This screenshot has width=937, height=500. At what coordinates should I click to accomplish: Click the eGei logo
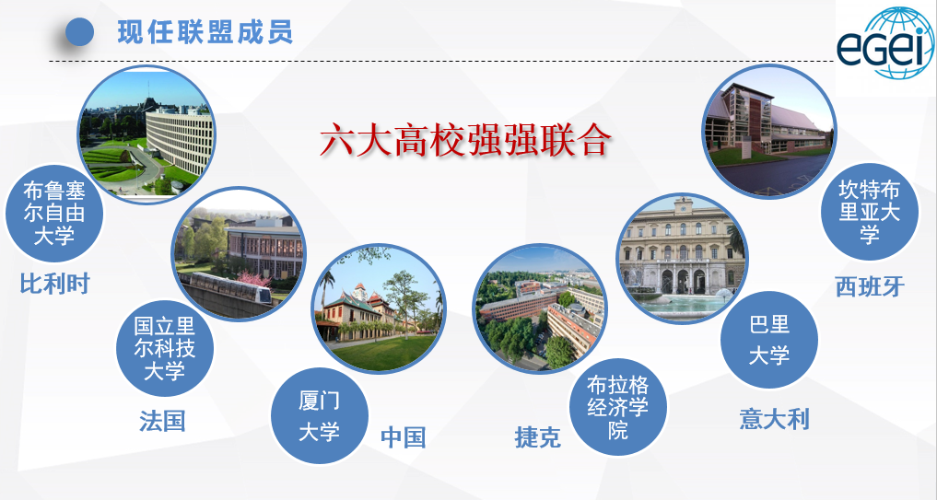click(x=885, y=44)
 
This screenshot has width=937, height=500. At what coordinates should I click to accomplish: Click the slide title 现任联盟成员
click(x=205, y=32)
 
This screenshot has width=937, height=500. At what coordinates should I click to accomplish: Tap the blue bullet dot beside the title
click(x=79, y=31)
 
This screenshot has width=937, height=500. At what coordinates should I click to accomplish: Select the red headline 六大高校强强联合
click(x=465, y=140)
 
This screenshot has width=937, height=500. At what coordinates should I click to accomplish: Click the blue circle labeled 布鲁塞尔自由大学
click(x=54, y=214)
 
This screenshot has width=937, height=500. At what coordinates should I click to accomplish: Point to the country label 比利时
click(x=55, y=284)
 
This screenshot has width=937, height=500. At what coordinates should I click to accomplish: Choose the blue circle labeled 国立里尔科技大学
click(x=164, y=348)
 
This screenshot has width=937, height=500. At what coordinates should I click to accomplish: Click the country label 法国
click(x=162, y=421)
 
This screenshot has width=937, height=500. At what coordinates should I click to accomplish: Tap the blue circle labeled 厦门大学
click(x=319, y=416)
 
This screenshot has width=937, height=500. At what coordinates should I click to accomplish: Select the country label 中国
click(x=404, y=437)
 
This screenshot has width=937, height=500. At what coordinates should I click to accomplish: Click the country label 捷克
click(x=538, y=438)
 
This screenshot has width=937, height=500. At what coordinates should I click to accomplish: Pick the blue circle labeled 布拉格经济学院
click(x=618, y=407)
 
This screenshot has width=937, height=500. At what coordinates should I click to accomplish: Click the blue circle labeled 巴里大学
click(x=769, y=340)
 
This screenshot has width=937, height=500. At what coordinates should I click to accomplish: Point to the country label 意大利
click(x=775, y=419)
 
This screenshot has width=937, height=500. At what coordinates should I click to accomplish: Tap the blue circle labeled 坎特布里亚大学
click(x=870, y=212)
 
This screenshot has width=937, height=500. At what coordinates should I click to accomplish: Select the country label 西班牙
click(x=870, y=286)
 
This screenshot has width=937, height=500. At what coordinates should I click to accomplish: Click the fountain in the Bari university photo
click(x=681, y=297)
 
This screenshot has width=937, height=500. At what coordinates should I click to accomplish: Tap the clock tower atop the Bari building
click(x=683, y=206)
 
